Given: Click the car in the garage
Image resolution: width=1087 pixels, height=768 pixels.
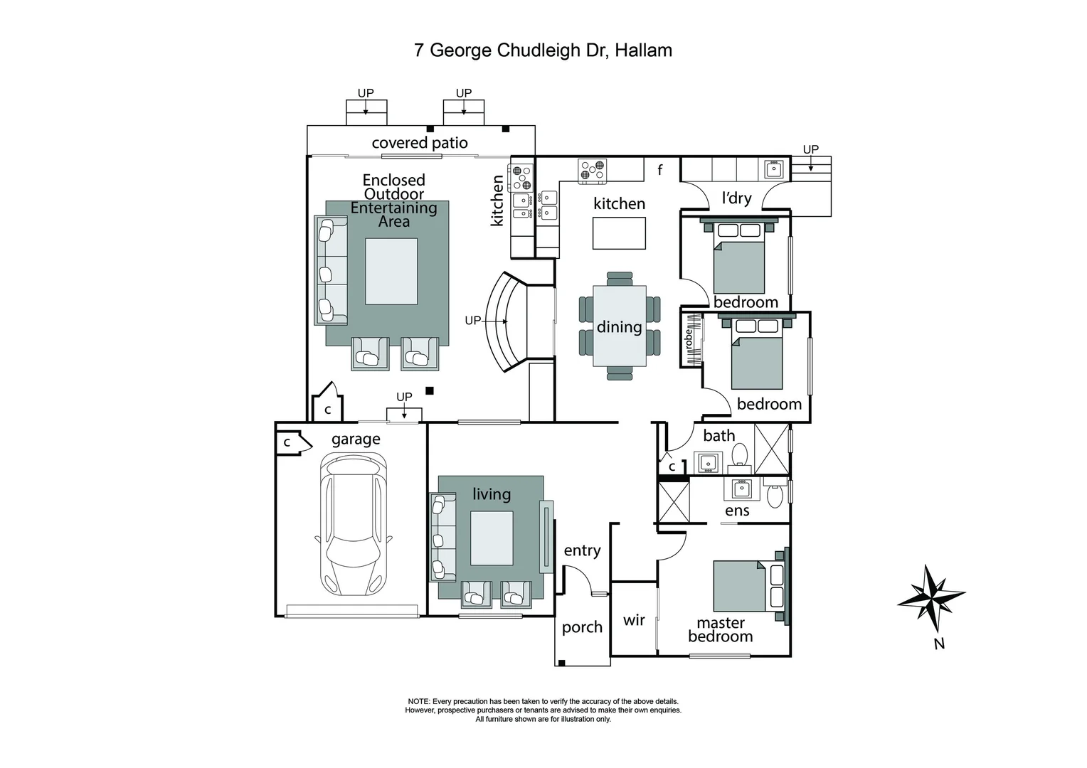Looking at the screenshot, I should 353,525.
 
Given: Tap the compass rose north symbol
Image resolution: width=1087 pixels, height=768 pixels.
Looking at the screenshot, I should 931,599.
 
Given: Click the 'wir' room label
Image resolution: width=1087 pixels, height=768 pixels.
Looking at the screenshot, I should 634,620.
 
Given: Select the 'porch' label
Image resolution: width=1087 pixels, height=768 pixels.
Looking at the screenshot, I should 582,627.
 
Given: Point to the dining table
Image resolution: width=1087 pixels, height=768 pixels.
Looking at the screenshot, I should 620,326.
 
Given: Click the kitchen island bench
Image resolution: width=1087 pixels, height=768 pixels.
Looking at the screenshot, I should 620,233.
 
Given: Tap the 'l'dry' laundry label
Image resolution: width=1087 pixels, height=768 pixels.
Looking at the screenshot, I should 736,198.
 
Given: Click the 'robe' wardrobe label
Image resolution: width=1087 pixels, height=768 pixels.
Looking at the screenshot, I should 688,339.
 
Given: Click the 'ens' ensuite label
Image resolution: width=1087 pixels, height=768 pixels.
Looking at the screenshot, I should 737,511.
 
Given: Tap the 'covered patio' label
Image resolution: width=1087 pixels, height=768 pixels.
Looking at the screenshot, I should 420,143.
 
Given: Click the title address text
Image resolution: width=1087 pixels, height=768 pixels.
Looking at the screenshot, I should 543,50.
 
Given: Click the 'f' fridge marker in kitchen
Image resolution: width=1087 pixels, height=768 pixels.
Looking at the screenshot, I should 660,170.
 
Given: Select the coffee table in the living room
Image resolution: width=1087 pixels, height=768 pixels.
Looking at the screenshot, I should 492,538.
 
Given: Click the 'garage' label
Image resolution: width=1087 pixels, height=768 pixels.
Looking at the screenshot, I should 356,439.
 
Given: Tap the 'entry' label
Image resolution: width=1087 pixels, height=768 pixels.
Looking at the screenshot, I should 582,550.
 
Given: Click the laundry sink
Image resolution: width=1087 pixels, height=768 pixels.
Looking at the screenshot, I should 773,169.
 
